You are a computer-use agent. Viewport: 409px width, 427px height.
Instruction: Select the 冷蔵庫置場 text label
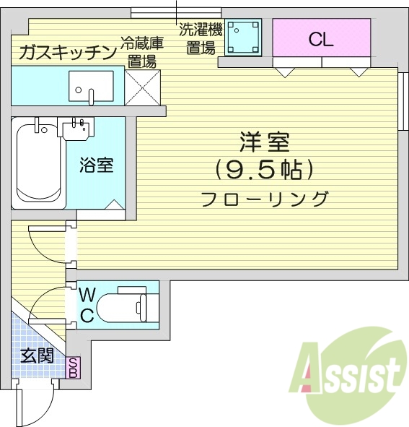pos(141,52)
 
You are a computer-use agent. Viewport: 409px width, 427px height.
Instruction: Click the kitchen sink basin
pos(91,87)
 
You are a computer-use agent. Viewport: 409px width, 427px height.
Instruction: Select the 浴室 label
pos(96,165)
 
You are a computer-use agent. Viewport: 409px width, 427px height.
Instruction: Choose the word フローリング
pos(265,198)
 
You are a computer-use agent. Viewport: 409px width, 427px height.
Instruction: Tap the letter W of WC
pos(87,295)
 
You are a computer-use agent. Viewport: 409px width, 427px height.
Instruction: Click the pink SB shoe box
pos(74,368)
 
